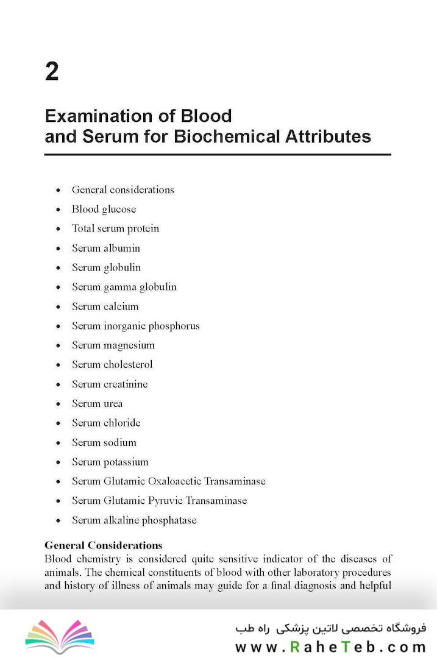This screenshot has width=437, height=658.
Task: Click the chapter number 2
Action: tap(52, 73)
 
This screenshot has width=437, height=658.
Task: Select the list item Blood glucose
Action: tap(104, 209)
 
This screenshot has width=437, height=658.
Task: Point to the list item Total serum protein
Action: tap(115, 228)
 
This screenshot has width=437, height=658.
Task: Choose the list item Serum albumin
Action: tap(106, 248)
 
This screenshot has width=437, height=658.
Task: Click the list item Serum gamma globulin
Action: tap(124, 287)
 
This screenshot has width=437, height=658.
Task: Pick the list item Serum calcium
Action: tap(105, 306)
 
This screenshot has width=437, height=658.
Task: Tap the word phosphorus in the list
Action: tap(174, 326)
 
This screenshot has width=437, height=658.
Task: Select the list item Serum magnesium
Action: tap(113, 345)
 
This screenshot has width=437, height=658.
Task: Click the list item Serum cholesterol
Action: tap(112, 364)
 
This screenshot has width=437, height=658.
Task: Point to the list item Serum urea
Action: tap(98, 403)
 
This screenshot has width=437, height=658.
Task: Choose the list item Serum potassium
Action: tap(110, 462)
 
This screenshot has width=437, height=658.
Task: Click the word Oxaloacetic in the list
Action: tap(174, 481)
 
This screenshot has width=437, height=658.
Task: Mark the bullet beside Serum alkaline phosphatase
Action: tap(58, 521)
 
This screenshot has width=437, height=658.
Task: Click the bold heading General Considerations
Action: tap(104, 545)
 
